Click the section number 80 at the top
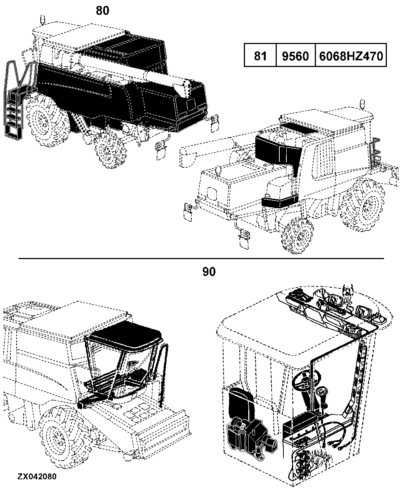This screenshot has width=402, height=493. (102, 11)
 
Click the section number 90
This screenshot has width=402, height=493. (209, 272)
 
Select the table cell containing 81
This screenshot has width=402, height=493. (260, 55)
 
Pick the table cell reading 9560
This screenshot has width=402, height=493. (295, 55)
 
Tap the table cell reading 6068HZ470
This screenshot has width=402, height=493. (351, 55)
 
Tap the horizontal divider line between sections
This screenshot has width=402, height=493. (201, 259)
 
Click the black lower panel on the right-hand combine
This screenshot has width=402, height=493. (280, 201)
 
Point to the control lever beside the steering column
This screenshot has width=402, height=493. (322, 399)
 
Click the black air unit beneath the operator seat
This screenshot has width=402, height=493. (252, 437)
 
